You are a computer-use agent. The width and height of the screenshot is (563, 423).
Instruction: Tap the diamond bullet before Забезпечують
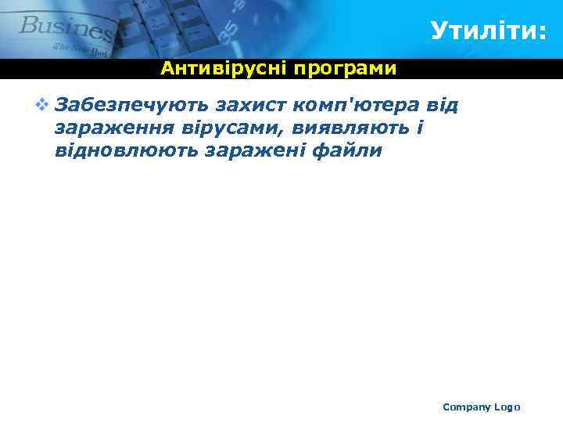[41, 104]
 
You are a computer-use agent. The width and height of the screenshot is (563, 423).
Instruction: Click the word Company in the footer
[466, 407]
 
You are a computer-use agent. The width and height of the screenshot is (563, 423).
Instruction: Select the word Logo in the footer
[507, 407]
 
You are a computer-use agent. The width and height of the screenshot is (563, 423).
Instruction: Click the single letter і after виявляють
[420, 127]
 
